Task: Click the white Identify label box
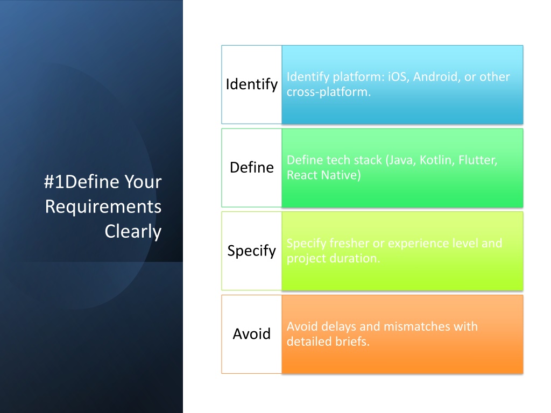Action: click(252, 84)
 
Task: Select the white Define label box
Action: click(252, 168)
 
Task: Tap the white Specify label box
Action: click(252, 251)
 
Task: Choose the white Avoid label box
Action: click(252, 334)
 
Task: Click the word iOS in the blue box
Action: click(398, 76)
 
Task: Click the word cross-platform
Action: click(329, 92)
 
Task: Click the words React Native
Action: click(323, 175)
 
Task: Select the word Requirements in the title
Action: click(103, 206)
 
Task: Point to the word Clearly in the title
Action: click(133, 231)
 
